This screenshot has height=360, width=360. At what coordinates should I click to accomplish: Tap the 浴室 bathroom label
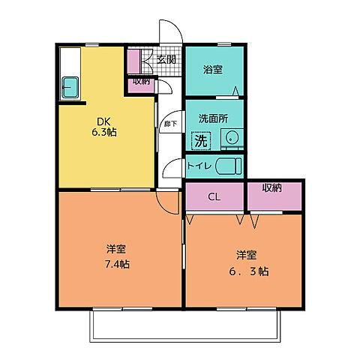(212, 70)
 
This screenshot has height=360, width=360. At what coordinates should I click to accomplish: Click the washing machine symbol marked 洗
(199, 139)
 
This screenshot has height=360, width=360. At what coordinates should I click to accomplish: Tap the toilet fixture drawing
(227, 166)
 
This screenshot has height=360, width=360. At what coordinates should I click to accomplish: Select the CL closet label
(214, 197)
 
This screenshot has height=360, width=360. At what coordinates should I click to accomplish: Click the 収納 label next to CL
(273, 188)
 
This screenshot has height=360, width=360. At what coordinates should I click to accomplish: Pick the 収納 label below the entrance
(141, 81)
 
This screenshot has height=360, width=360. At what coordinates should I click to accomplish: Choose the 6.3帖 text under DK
(106, 132)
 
